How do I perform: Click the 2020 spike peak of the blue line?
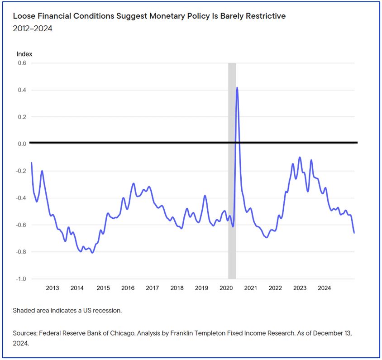coord(237,88)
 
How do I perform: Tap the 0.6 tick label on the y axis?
coord(22,63)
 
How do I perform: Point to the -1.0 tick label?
coord(21,278)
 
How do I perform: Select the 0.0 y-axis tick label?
coord(22,144)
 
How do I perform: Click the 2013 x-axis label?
coord(53,288)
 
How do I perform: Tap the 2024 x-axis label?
coord(324,288)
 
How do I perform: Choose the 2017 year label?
coord(153,288)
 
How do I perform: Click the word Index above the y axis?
coord(24,54)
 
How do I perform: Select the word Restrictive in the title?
coord(264,16)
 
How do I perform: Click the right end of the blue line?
coord(354,233)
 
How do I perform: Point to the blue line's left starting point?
coord(31,163)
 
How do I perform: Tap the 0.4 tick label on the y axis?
coord(22,90)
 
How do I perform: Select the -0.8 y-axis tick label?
coord(21,252)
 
